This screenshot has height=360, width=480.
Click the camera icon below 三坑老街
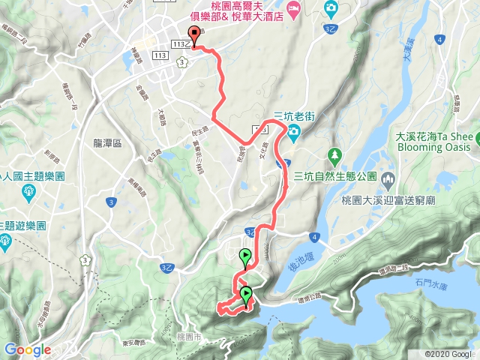coord(293,132)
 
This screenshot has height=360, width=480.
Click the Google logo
coord(27,349)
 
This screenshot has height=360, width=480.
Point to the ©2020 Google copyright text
coord(448,354)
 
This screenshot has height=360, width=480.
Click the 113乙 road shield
coord(179,45)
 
